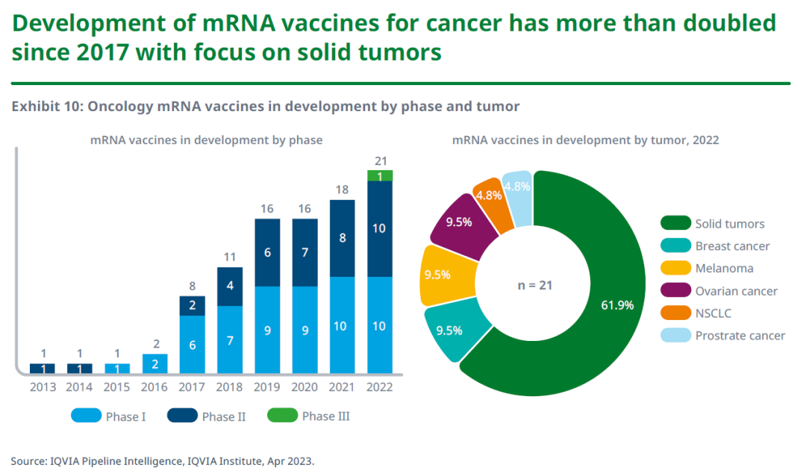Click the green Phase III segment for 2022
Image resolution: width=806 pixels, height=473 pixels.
pyautogui.click(x=380, y=175)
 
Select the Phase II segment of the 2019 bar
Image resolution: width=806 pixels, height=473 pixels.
pyautogui.click(x=267, y=252)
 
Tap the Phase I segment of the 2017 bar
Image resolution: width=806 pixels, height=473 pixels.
pyautogui.click(x=192, y=345)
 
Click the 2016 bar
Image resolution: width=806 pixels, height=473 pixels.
pyautogui.click(x=154, y=363)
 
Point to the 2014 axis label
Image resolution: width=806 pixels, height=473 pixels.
pyautogui.click(x=80, y=387)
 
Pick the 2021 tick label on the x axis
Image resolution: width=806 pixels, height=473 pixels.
pyautogui.click(x=343, y=387)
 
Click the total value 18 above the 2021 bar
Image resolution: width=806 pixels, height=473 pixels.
pyautogui.click(x=342, y=189)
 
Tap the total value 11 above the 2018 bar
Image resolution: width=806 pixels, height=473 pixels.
pyautogui.click(x=230, y=257)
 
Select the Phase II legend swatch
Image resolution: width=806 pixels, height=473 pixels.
pyautogui.click(x=181, y=416)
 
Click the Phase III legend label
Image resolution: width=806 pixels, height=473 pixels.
pyautogui.click(x=325, y=416)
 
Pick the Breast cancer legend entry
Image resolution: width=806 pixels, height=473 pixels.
pyautogui.click(x=732, y=246)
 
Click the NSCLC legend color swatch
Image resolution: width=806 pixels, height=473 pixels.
pyautogui.click(x=676, y=313)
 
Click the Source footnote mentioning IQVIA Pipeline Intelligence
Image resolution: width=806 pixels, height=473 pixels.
pyautogui.click(x=163, y=460)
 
